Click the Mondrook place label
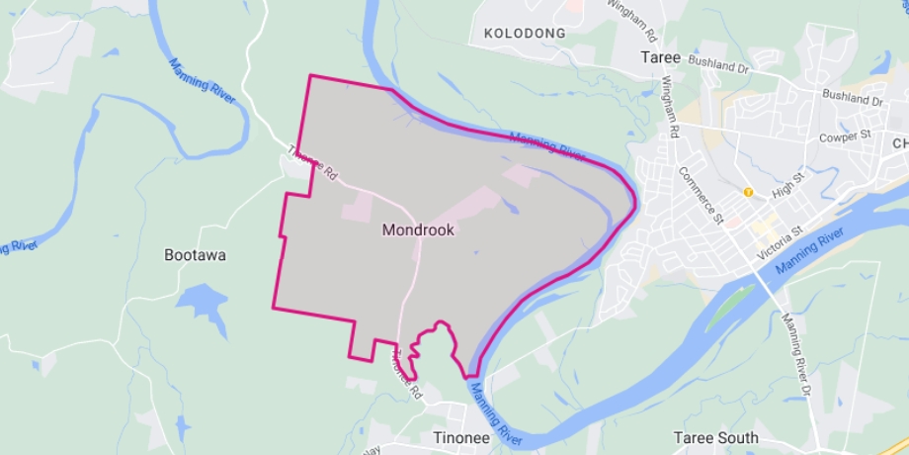[x=417, y=229]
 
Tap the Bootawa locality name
[x=195, y=255]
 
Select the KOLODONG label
[x=525, y=34]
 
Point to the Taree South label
[x=715, y=437]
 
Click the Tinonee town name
[x=461, y=436]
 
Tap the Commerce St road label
[x=702, y=193]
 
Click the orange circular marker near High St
[x=749, y=192]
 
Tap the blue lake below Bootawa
[x=202, y=303]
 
